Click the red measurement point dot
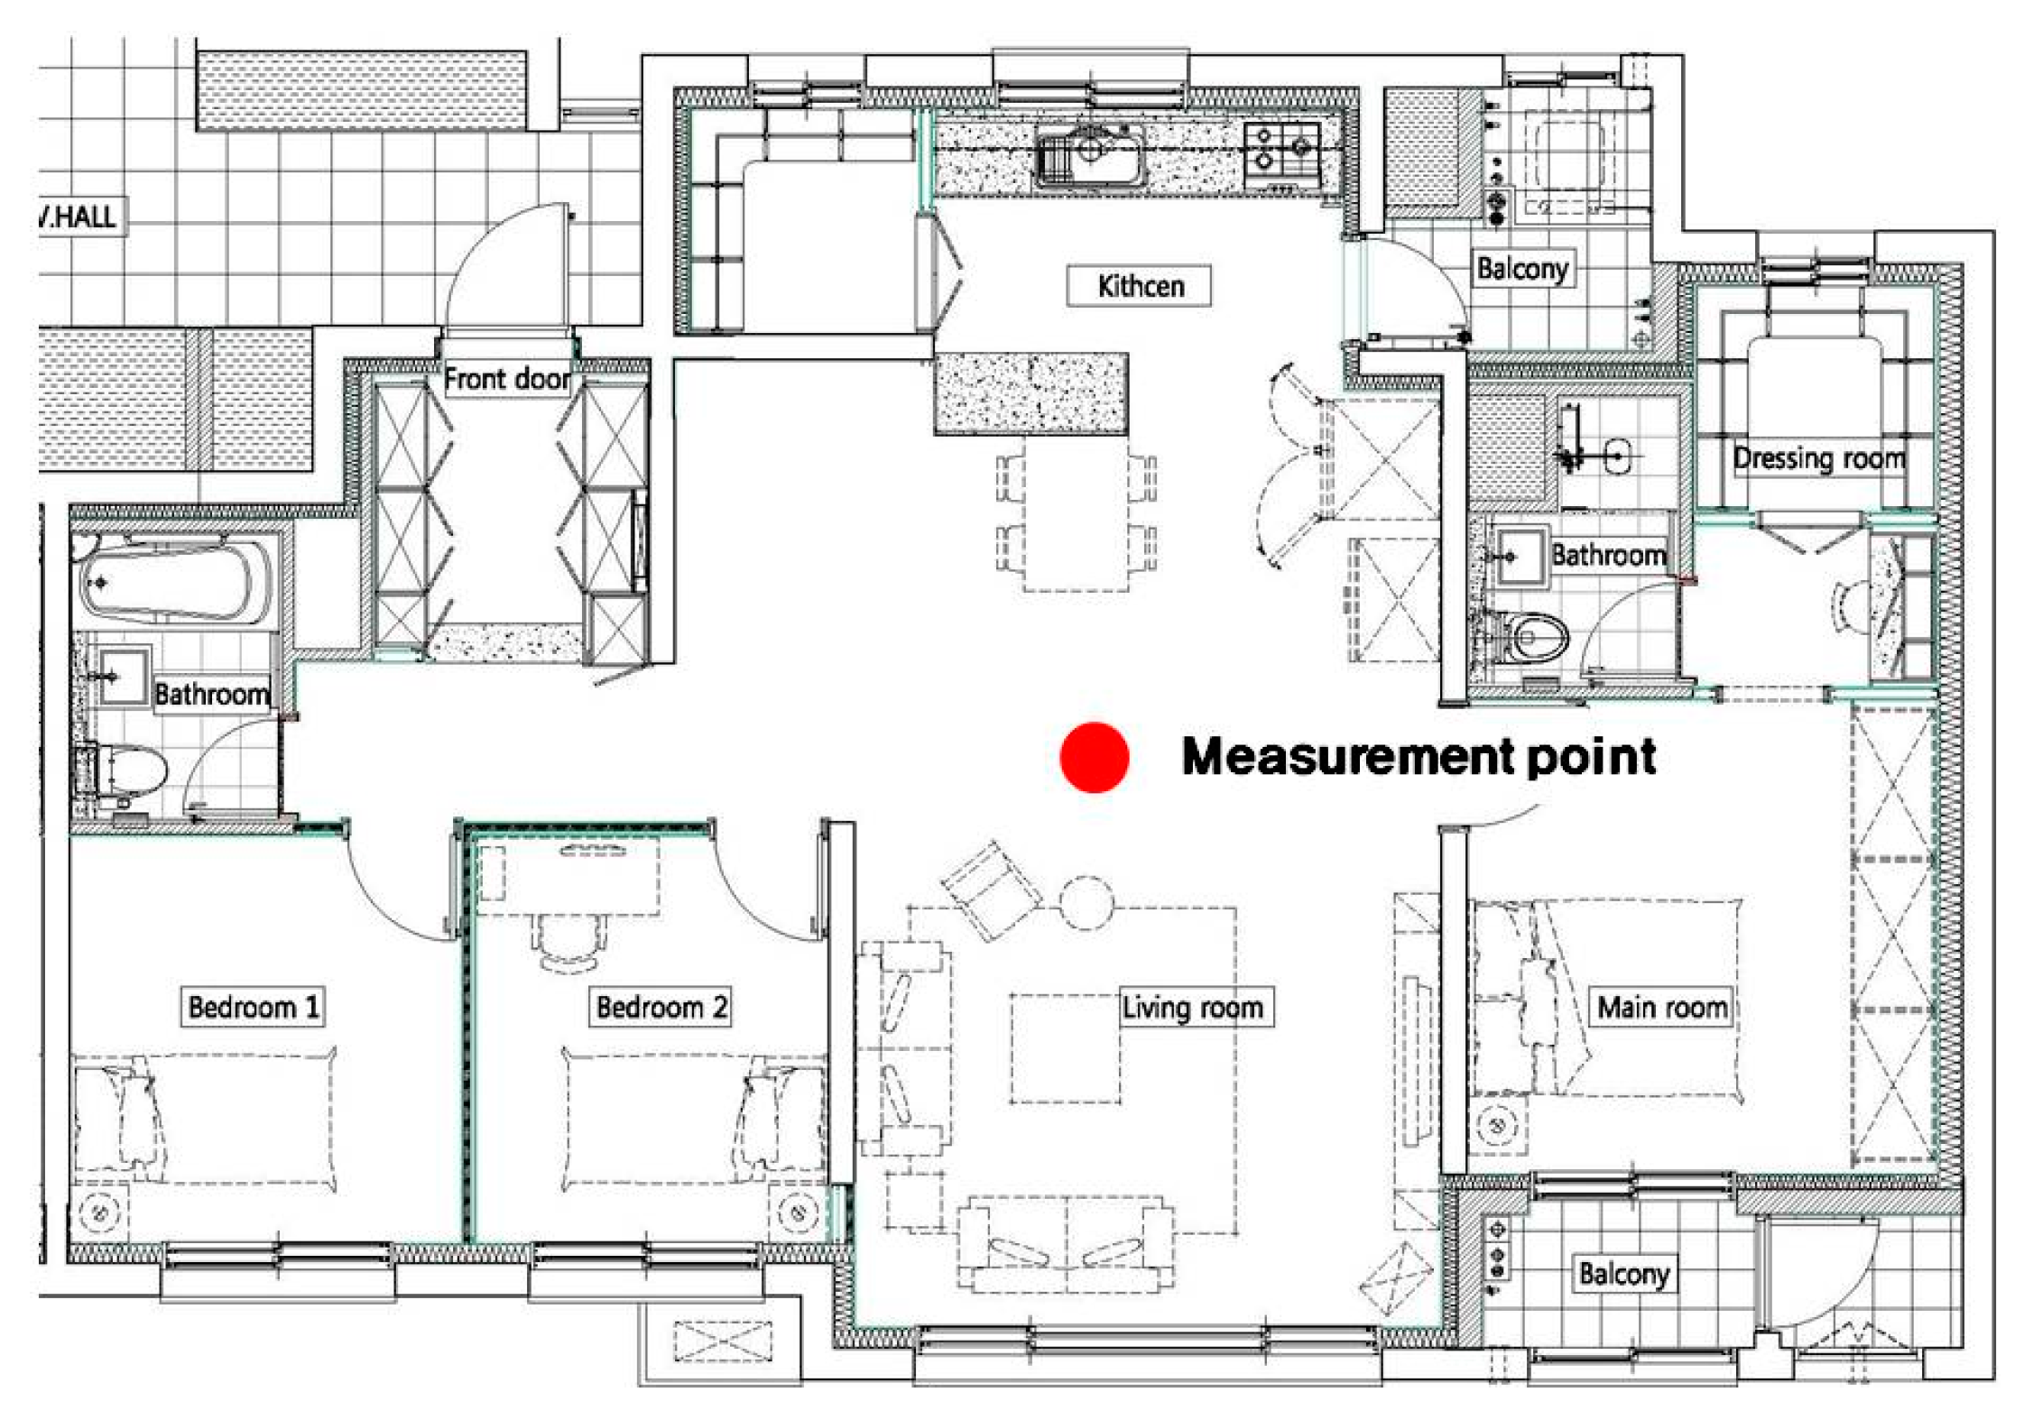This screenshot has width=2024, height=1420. tap(1094, 757)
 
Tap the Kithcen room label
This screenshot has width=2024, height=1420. tap(1141, 286)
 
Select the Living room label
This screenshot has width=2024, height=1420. tap(1192, 1007)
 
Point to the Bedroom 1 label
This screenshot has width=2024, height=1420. tap(254, 1007)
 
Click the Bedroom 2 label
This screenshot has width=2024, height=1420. tap(661, 1007)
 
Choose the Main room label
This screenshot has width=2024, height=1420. tap(1662, 1007)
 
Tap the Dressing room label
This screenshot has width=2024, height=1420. tap(1819, 458)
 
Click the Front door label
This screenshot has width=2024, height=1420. tap(507, 378)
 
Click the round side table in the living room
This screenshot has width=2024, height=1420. tap(1086, 902)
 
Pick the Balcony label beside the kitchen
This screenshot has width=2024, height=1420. tap(1522, 269)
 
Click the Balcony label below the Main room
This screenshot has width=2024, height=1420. tap(1624, 1274)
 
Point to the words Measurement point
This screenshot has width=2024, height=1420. tap(1419, 756)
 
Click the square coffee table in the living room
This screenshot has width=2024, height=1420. tap(1065, 1048)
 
